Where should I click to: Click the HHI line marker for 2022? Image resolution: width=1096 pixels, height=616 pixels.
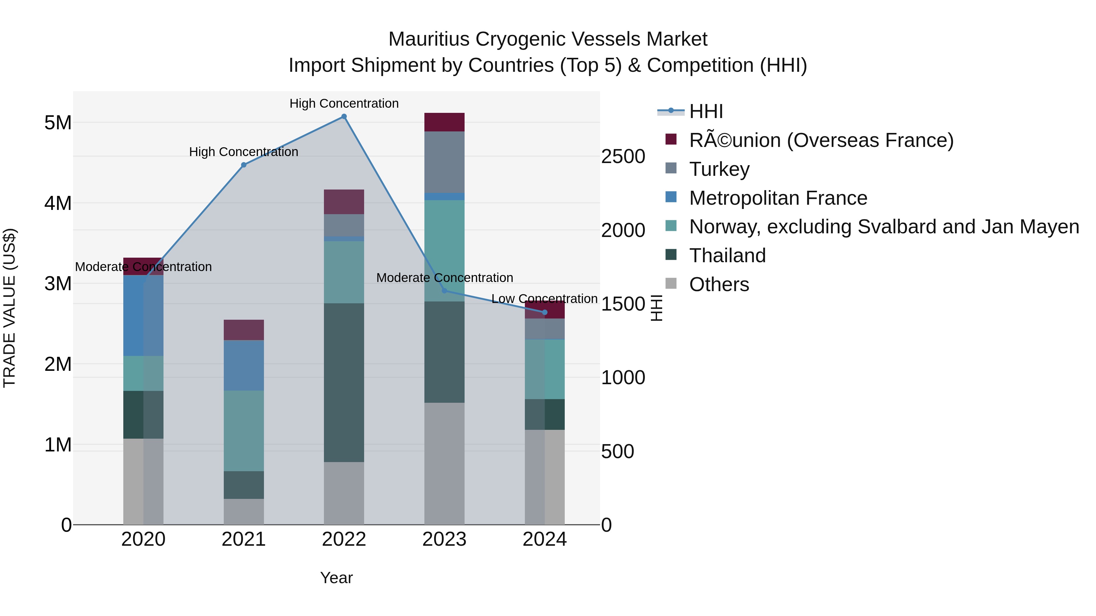(344, 117)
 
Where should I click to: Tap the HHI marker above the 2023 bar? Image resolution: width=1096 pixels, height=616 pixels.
(444, 291)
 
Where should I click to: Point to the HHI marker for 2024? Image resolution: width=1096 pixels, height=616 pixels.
(545, 312)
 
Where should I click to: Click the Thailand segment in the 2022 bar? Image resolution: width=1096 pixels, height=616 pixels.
(344, 383)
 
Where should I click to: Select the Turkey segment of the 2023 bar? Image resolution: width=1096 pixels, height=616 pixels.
(444, 162)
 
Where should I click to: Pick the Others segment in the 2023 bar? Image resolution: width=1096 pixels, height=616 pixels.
(444, 463)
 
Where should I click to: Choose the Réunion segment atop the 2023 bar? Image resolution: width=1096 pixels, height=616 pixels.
(444, 122)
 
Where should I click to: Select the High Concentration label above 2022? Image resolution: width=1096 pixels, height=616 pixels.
(344, 103)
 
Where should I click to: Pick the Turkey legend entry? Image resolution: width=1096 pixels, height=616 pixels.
(719, 169)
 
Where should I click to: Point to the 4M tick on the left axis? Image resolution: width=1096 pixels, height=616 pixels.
(58, 203)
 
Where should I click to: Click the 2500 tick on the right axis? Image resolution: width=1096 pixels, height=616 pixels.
(623, 156)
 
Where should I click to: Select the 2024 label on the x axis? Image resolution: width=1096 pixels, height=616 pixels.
(545, 539)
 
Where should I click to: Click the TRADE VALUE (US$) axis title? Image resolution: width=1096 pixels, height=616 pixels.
(9, 308)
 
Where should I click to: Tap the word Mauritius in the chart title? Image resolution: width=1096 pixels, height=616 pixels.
(429, 39)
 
